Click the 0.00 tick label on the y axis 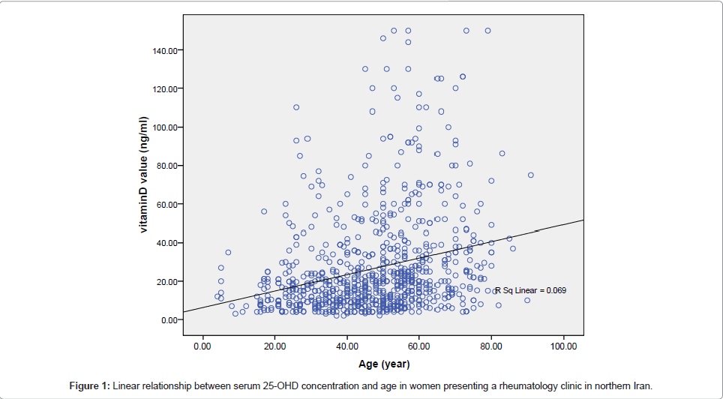coord(168,320)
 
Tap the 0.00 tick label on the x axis coord(202,346)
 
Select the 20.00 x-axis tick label coord(274,346)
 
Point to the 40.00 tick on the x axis coord(346,346)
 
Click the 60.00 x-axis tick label coord(419,346)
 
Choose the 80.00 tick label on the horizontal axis coord(491,346)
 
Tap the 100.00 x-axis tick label coord(563,346)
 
